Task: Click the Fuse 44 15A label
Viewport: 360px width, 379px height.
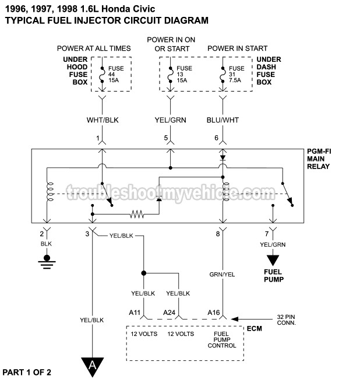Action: [115, 74]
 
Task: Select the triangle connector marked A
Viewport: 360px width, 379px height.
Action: [91, 366]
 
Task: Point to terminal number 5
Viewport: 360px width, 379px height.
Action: [165, 138]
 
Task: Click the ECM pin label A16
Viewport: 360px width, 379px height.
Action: [214, 313]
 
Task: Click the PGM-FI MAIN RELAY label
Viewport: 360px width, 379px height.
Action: [319, 158]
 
